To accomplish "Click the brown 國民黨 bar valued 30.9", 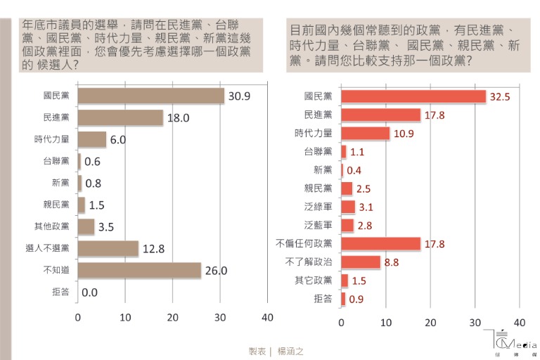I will tap(150, 96).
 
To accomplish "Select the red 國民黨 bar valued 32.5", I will tap(413, 96).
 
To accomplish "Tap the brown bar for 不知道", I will tap(139, 270).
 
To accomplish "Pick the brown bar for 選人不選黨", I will tap(108, 248).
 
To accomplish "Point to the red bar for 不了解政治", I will tap(361, 262).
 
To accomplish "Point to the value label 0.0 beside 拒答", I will tap(89, 292).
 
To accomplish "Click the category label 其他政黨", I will tap(52, 226).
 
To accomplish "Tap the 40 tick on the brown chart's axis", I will tap(267, 317).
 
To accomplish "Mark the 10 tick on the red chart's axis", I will tap(386, 323).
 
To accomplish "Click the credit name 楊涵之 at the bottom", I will tap(289, 351).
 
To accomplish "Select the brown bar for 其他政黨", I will tap(86, 226).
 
